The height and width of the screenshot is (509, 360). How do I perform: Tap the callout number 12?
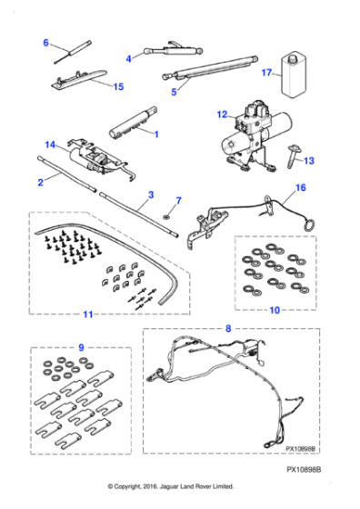click(x=220, y=115)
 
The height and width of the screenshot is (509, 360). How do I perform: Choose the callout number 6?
click(x=45, y=43)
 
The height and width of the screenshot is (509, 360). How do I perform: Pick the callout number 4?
click(x=128, y=58)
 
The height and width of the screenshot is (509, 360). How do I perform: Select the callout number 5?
click(x=173, y=91)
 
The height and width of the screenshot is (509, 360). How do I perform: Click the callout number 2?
click(x=41, y=183)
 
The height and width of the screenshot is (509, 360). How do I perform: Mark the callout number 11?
click(x=87, y=314)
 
